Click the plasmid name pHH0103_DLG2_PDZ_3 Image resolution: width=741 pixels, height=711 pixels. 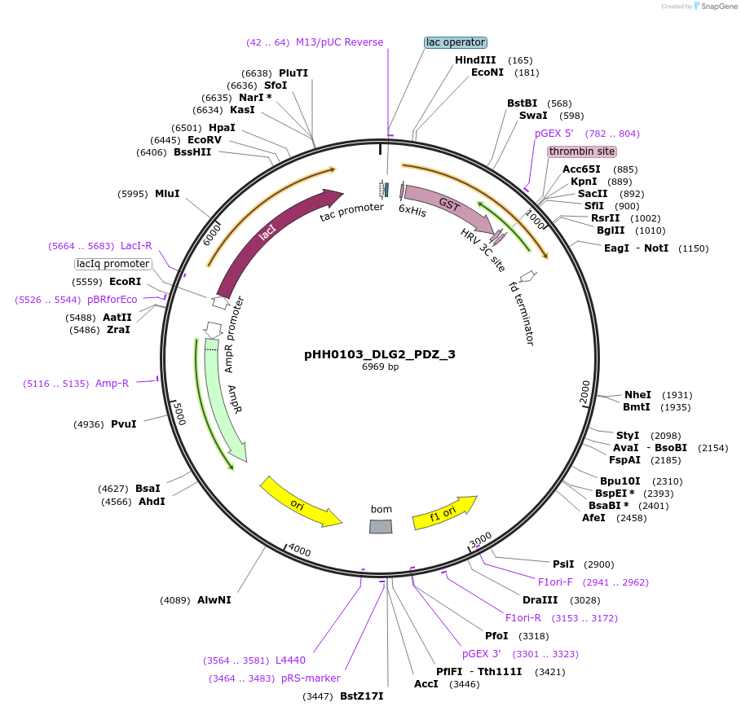point(380,354)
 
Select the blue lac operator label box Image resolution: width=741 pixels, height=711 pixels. point(456,42)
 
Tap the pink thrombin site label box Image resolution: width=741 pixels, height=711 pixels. point(582,151)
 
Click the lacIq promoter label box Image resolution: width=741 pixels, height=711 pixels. point(113,264)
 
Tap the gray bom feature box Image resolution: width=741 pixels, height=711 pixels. point(381,526)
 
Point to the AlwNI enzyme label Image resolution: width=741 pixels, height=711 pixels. point(214,600)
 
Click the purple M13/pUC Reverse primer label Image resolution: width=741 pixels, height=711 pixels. point(339,42)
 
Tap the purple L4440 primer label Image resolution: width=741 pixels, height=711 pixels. point(290,661)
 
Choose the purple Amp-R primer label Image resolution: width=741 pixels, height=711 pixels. point(112,384)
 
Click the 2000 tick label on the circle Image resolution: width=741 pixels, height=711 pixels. point(584,393)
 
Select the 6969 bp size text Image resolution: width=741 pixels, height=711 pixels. point(380,367)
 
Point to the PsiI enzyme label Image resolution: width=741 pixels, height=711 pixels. point(563,564)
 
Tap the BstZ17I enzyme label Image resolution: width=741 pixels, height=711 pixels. point(361,696)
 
